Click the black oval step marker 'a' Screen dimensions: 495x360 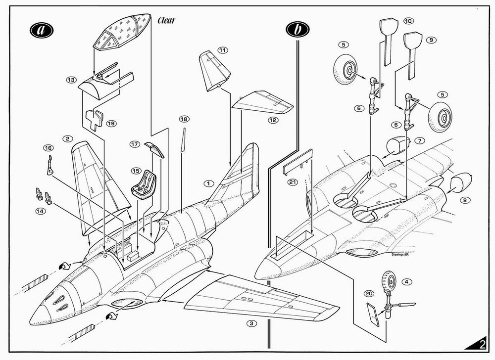[x=42, y=30]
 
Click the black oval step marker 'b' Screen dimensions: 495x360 [x=297, y=29]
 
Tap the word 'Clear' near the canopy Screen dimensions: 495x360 [x=166, y=20]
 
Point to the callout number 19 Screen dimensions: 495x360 [x=111, y=124]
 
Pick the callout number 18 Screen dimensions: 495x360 [x=184, y=119]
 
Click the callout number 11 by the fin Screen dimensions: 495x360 [x=223, y=50]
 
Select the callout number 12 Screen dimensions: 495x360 [x=273, y=120]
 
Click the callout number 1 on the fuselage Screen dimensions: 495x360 [x=209, y=183]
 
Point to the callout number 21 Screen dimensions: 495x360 [x=293, y=182]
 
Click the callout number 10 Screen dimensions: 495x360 [x=408, y=21]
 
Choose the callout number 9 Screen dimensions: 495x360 [x=431, y=40]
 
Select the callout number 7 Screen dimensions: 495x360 [x=420, y=140]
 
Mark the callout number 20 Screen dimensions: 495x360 [x=369, y=294]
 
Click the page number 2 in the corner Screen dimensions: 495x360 [x=483, y=345]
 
